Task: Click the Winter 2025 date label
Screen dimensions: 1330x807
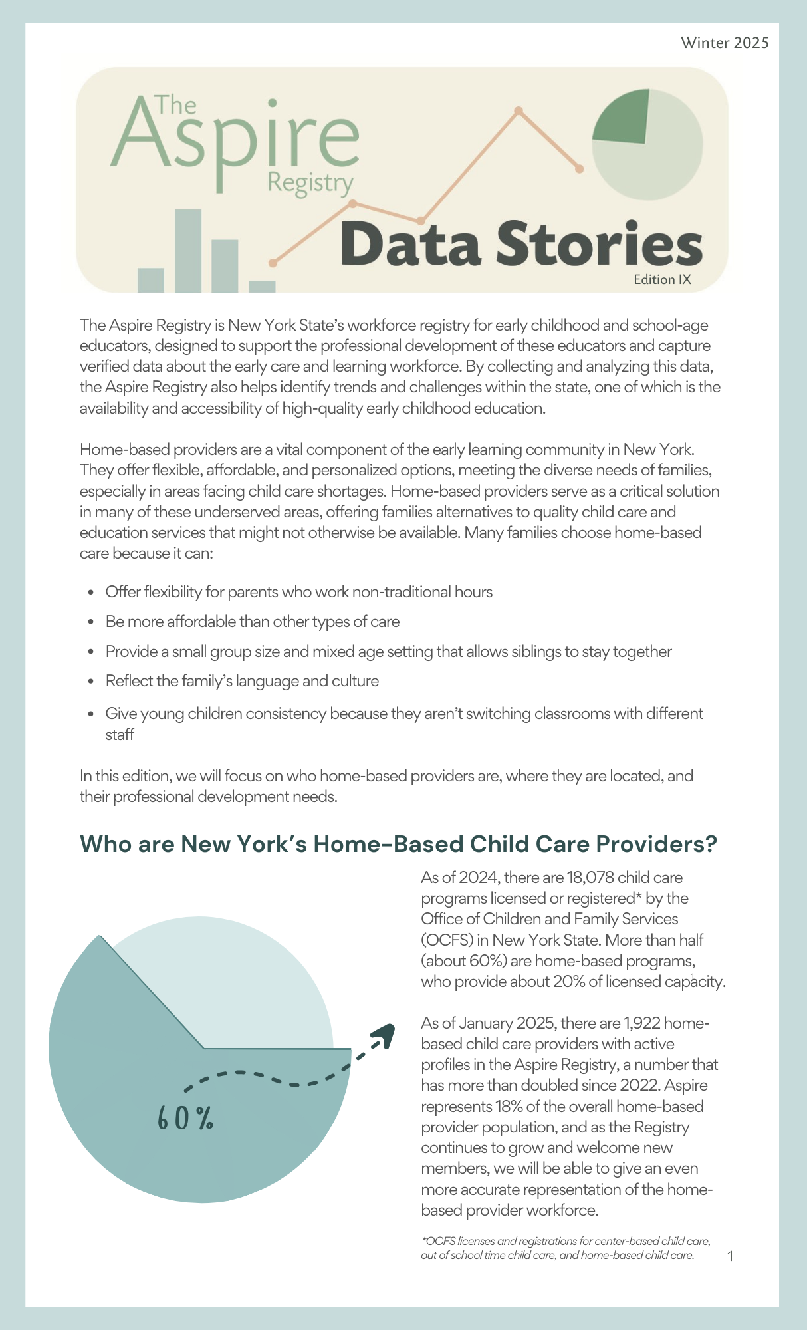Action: point(725,43)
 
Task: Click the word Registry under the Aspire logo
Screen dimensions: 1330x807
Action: point(310,182)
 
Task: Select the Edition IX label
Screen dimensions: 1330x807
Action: point(662,279)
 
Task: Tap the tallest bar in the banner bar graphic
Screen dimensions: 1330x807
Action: point(188,251)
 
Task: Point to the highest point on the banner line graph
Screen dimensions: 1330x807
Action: point(519,110)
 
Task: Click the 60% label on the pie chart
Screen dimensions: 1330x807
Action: point(185,1119)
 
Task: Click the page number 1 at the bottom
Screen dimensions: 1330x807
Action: point(731,1256)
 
